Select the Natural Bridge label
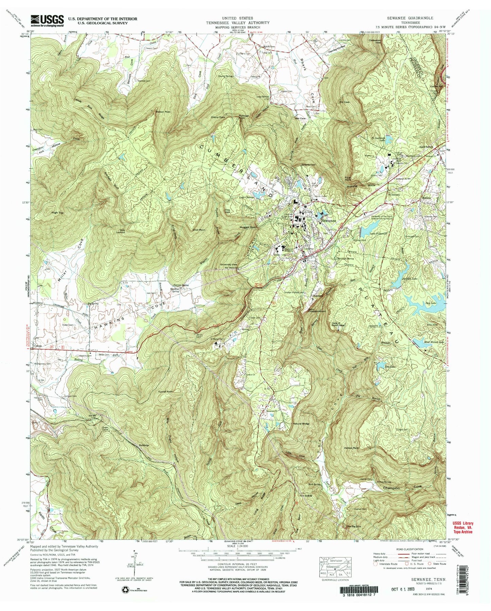point(301,424)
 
